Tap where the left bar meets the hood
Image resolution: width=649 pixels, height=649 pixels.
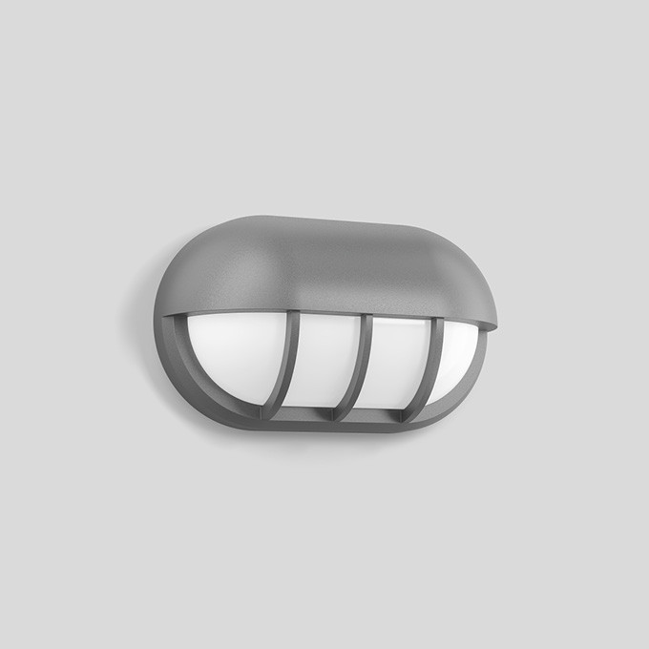pos(296,314)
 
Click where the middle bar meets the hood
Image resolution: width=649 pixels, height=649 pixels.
pos(366,319)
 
